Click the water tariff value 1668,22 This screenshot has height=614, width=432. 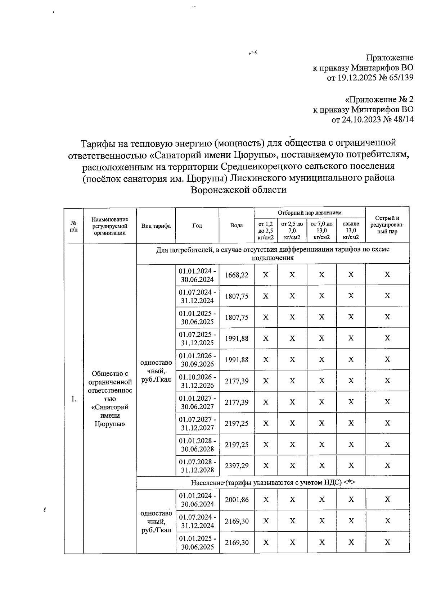click(237, 275)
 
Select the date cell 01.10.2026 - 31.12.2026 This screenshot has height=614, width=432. click(197, 381)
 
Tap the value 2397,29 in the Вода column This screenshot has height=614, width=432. click(237, 465)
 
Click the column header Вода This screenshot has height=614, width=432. click(237, 226)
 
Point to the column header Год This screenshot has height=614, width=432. click(197, 226)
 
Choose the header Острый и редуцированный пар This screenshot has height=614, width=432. click(387, 225)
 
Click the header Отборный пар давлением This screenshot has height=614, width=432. click(310, 213)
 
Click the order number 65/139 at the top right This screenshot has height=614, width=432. click(399, 78)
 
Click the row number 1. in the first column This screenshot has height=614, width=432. click(73, 399)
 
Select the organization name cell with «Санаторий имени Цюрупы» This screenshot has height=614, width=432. click(110, 399)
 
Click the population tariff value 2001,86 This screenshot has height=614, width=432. click(237, 500)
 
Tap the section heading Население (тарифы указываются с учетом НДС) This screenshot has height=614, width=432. click(273, 482)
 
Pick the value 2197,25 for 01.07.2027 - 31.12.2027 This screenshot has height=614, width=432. click(237, 423)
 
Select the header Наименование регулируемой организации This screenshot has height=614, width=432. click(110, 226)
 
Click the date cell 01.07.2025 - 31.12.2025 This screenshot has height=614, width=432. click(197, 338)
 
